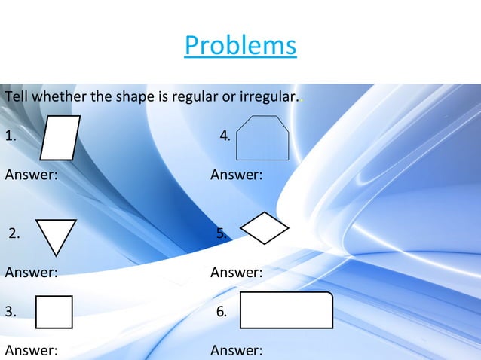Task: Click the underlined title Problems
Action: point(240,45)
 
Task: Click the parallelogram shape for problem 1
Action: point(60,138)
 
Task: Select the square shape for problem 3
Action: point(54,312)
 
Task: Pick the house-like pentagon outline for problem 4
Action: point(262,139)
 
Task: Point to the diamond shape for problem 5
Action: point(265,228)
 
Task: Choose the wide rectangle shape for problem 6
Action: point(286,310)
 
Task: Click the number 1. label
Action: point(11,136)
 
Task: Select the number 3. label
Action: point(11,312)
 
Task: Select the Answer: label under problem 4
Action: point(236,175)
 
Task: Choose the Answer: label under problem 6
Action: point(236,350)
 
